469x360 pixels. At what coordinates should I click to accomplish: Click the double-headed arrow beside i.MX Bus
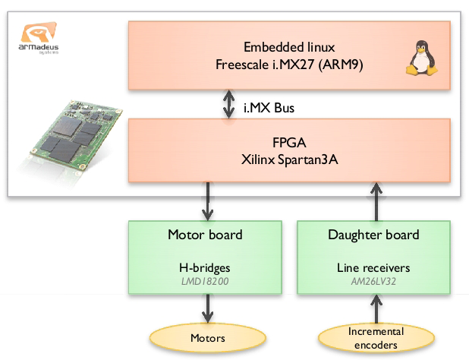coord(227,106)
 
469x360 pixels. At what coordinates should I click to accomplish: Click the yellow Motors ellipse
coord(206,337)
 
